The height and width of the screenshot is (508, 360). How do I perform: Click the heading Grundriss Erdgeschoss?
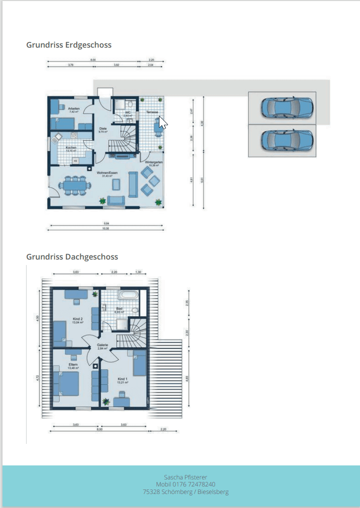(69, 45)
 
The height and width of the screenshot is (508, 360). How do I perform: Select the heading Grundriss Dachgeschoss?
(72, 257)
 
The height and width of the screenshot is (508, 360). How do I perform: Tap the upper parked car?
(287, 107)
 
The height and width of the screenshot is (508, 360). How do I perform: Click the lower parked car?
(287, 140)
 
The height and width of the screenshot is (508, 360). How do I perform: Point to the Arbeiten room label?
(74, 109)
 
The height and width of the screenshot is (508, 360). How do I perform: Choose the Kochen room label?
(71, 147)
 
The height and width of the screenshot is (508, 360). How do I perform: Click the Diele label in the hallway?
(103, 129)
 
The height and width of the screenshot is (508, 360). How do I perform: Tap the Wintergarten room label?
(153, 163)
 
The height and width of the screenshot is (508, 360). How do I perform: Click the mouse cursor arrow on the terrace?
(162, 122)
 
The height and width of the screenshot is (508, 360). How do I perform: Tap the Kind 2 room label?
(78, 319)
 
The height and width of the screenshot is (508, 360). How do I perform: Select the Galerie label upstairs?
(102, 346)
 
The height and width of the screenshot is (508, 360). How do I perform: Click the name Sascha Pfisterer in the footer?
(186, 477)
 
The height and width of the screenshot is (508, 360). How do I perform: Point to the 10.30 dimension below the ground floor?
(105, 228)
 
